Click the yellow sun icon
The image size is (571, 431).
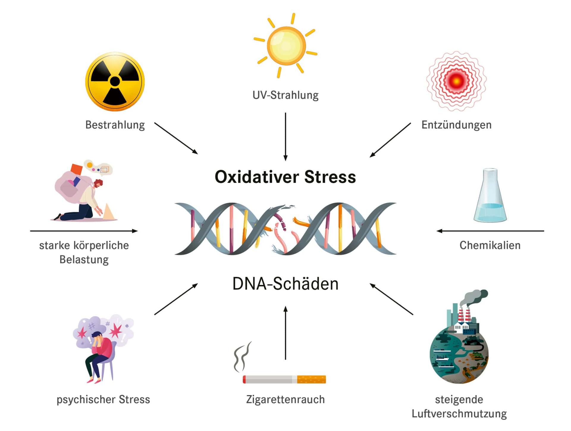click(x=286, y=46)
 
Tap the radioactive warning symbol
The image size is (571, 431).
click(x=115, y=81)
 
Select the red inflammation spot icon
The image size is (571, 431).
click(x=456, y=81)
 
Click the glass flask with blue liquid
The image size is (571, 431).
click(x=490, y=196)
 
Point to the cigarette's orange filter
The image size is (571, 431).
click(x=311, y=379)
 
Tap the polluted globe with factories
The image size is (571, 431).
click(x=459, y=348)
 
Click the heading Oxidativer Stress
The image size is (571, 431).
click(x=285, y=177)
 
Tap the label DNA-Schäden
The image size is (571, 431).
click(x=285, y=284)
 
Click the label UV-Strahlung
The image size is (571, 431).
click(x=285, y=95)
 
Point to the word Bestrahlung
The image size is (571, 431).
click(x=115, y=125)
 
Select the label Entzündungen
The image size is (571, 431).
click(x=456, y=125)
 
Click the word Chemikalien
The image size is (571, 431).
click(x=490, y=245)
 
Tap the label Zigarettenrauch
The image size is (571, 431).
click(x=285, y=399)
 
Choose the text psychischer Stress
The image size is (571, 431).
click(x=103, y=399)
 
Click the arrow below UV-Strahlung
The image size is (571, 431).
click(x=285, y=137)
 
